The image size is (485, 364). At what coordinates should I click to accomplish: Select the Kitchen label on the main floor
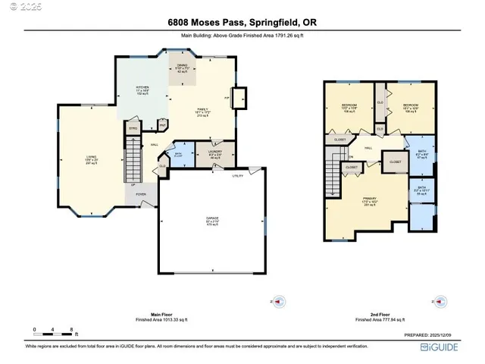point(142,89)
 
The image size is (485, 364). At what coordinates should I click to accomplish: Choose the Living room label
point(90,159)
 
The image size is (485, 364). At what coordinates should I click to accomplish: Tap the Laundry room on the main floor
point(214,155)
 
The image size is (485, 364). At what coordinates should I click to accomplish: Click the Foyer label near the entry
point(141,194)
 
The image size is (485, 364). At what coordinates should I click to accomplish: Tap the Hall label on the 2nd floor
point(369,148)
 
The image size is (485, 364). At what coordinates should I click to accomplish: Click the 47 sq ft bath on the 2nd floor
point(423,153)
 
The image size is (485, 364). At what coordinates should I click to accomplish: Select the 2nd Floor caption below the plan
point(372,315)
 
